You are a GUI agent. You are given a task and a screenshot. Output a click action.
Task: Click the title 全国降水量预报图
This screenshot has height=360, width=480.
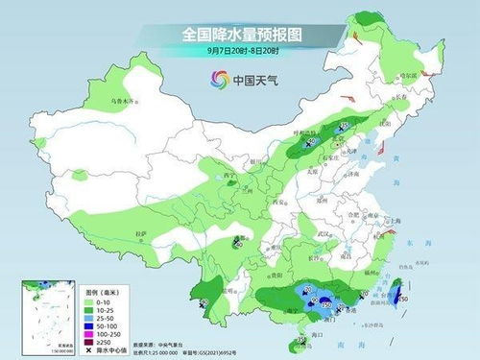click(239, 34)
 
